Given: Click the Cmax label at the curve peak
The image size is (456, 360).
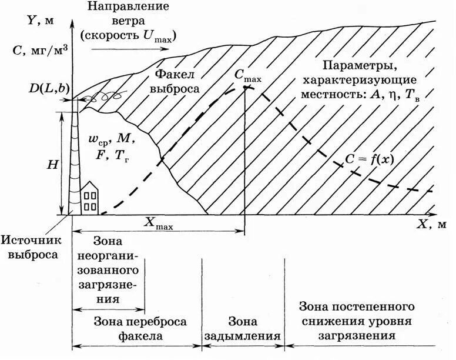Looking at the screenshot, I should coord(247,75).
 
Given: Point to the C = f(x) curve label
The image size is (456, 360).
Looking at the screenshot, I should coord(365,159).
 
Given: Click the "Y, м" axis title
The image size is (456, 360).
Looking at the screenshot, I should coord(41,21).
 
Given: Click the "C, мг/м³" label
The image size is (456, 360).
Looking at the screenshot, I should coord(39,50).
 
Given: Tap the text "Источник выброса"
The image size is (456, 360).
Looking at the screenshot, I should coord(29,248).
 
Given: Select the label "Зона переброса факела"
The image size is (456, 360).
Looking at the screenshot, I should coord(136,329).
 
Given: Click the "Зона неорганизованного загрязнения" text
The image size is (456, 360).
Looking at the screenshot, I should coord(108,270).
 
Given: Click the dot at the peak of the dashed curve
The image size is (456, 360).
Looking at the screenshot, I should coord(244,88).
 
